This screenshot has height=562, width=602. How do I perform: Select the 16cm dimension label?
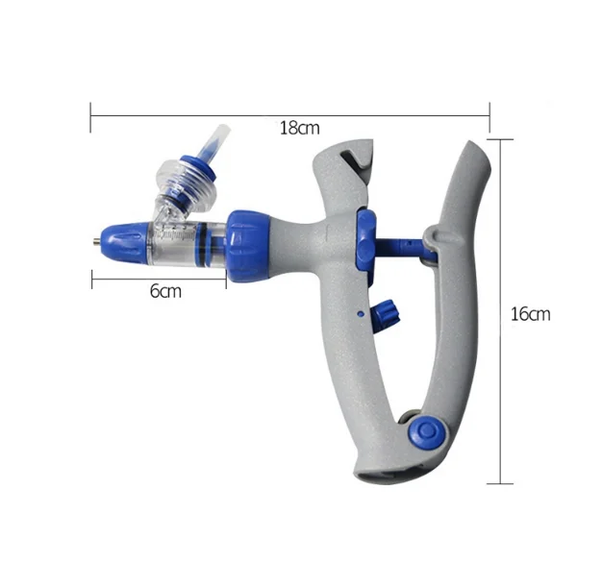click(x=530, y=314)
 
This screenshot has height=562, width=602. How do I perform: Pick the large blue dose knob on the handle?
click(x=364, y=238)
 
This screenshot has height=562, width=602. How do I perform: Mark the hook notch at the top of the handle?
click(x=353, y=160)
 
